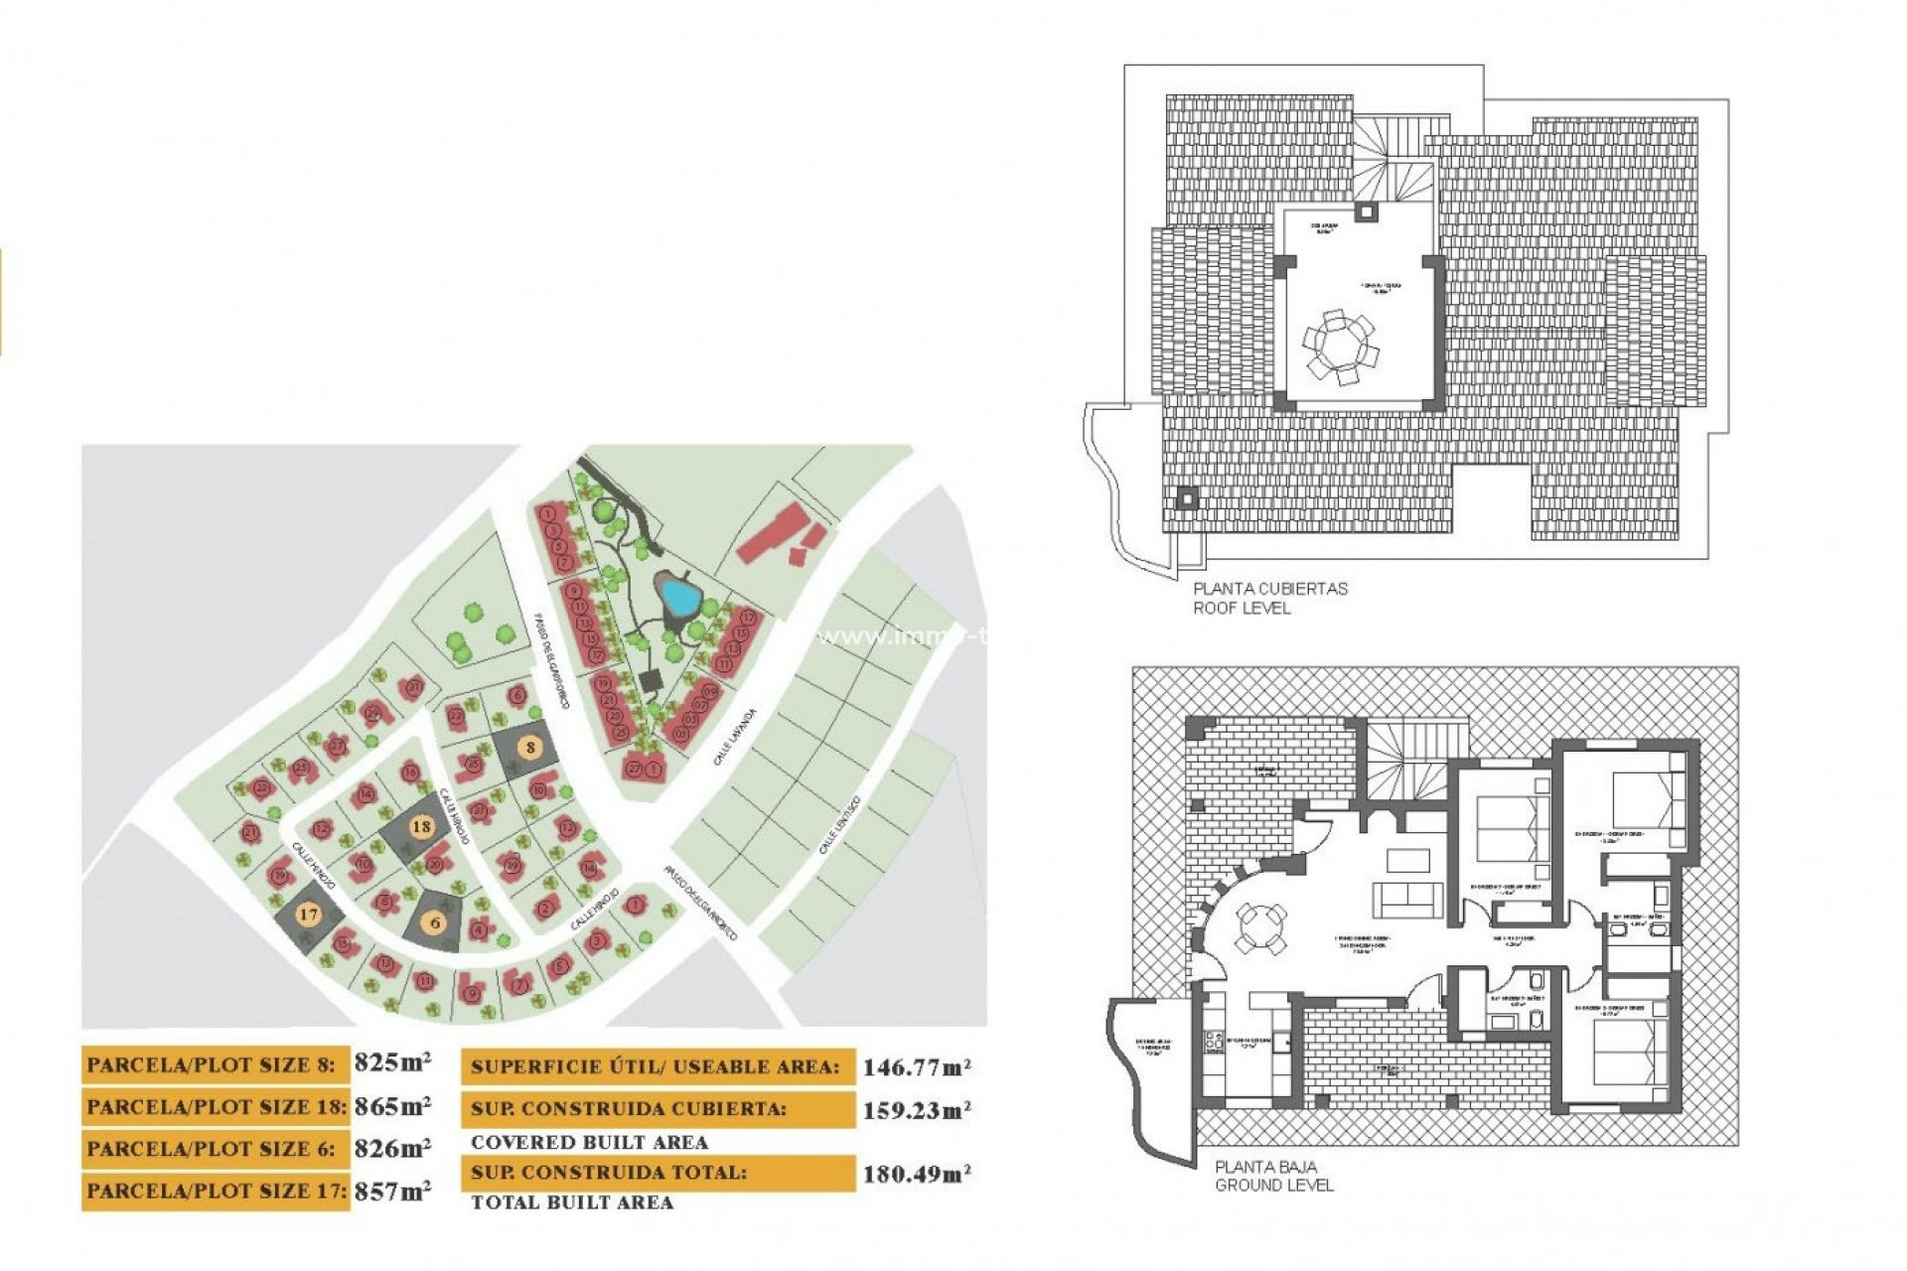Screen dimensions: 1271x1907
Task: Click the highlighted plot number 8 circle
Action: click(530, 748)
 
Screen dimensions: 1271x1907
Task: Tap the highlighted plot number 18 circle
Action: click(421, 826)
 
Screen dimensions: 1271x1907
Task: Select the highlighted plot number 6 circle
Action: click(435, 922)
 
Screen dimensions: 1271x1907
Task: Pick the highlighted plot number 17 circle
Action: click(309, 915)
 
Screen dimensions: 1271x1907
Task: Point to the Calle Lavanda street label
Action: click(735, 737)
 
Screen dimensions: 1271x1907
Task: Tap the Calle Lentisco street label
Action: click(840, 826)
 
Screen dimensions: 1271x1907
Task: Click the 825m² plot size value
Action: click(392, 1062)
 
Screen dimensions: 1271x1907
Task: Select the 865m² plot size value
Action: click(392, 1105)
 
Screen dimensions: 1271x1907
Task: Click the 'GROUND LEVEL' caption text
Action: click(1273, 1186)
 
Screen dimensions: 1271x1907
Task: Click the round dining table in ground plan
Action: click(1260, 929)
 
